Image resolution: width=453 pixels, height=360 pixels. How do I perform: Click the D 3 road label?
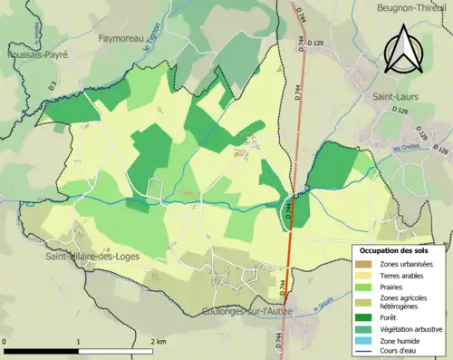point(52,86)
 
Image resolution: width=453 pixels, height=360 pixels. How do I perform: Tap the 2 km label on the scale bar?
point(159,341)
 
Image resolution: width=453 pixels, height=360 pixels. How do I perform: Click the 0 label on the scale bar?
point(6,341)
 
